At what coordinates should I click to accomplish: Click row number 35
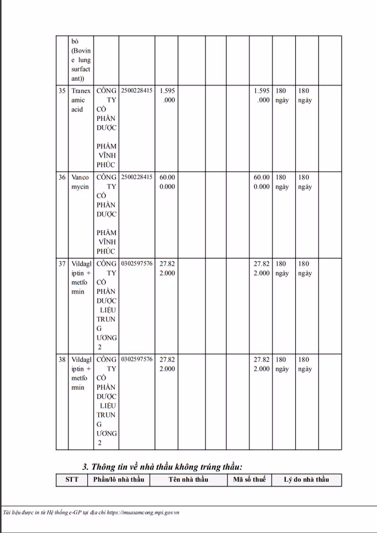click(62, 91)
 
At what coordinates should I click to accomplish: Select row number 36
click(62, 177)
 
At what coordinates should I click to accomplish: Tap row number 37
click(62, 264)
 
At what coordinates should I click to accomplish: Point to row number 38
click(62, 360)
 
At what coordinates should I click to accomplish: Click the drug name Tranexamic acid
click(81, 100)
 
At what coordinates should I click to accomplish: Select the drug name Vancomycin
click(81, 182)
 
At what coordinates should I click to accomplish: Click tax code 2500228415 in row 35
click(136, 91)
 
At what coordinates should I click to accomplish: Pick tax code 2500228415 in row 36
click(136, 177)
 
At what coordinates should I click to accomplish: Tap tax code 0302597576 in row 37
click(136, 264)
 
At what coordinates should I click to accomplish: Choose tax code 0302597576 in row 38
click(136, 360)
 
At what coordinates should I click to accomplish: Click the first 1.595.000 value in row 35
click(167, 96)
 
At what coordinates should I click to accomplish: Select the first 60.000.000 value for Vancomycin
click(167, 182)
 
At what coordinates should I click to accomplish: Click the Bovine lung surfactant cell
click(81, 59)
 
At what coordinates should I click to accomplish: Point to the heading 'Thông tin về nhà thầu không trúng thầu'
click(162, 467)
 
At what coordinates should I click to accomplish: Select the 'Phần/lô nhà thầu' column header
click(118, 479)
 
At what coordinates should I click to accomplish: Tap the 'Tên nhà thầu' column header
click(188, 479)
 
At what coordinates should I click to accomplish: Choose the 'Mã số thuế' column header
click(249, 479)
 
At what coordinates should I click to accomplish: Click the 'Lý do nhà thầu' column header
click(306, 479)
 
